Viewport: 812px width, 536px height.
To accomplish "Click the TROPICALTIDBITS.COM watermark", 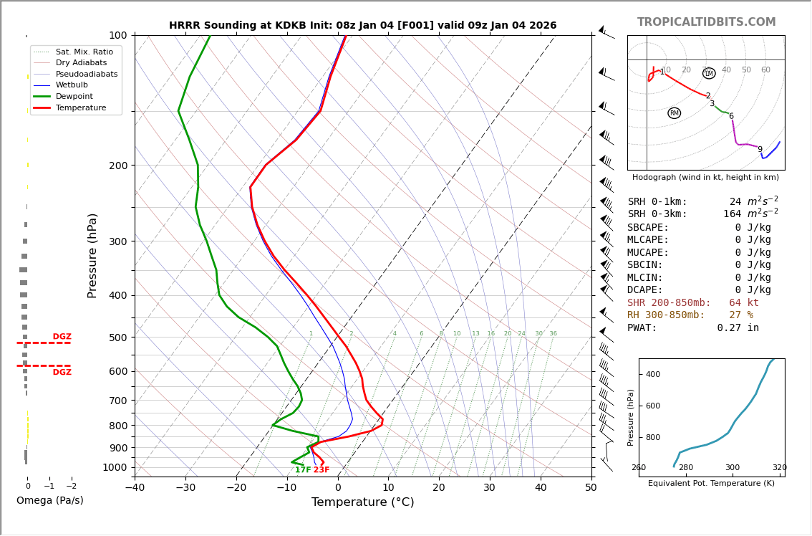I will pos(706,22).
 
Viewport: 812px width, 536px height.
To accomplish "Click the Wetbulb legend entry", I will pos(72,85).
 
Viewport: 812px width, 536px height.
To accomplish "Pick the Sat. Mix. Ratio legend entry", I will pos(84,52).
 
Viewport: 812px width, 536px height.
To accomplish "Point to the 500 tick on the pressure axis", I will pos(118,338).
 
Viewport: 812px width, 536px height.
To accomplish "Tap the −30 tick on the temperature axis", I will pos(185,488).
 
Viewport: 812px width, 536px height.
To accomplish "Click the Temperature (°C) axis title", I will pos(362,502).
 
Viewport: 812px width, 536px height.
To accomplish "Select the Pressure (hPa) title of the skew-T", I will pos(92,255).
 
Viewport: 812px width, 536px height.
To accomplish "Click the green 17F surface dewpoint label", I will pos(303,470).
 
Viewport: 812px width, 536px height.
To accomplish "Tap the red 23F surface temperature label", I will pos(322,470).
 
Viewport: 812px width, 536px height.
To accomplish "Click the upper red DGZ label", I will pos(62,337).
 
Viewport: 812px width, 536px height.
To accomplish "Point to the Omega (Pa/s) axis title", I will pos(49,500).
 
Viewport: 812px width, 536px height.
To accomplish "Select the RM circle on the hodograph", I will pos(674,113).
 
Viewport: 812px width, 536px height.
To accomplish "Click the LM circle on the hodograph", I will pos(709,74).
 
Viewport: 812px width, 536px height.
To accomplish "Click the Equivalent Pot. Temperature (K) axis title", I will pos(711,483).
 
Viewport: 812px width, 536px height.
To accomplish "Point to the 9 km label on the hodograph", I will pos(760,150).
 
